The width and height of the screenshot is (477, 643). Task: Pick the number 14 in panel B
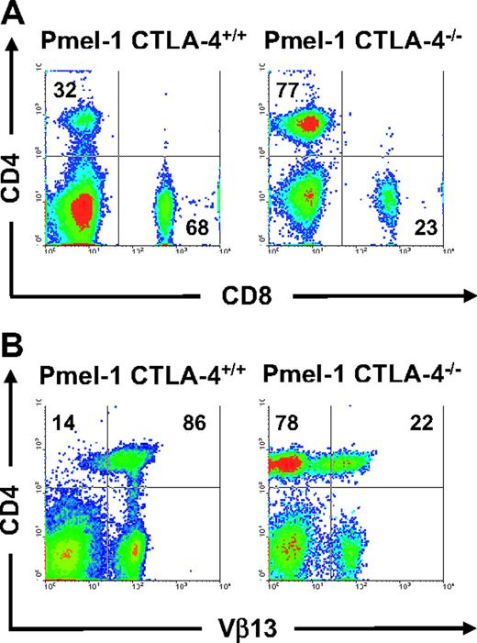tap(63, 425)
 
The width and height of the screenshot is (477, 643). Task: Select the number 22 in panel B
tap(418, 425)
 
